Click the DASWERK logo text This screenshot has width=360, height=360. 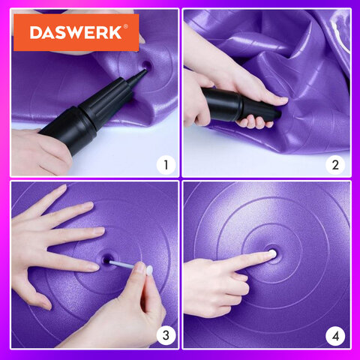(76, 32)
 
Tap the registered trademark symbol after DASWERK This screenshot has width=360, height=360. (126, 26)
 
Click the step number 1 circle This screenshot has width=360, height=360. (166, 165)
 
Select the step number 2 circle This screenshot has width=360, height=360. (335, 165)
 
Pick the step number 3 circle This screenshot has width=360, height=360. (166, 335)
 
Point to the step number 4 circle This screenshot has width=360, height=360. (335, 336)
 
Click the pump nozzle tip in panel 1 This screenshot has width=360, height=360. (145, 70)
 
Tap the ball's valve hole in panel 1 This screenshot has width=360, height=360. (147, 66)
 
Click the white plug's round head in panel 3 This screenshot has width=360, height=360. (149, 271)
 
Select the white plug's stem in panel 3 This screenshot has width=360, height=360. (122, 265)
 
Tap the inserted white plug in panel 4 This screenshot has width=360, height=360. (272, 254)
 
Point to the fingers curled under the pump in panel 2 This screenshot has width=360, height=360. (253, 122)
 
